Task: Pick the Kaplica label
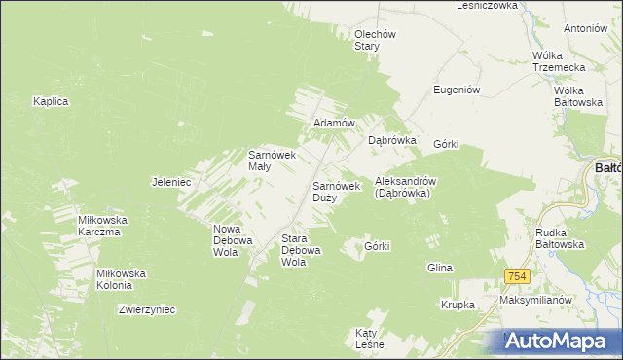50,101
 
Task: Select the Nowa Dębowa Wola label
233,240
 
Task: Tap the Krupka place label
457,305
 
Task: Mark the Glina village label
440,267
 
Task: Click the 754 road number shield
517,277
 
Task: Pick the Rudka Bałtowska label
560,238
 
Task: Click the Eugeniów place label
458,90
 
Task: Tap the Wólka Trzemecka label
559,61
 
